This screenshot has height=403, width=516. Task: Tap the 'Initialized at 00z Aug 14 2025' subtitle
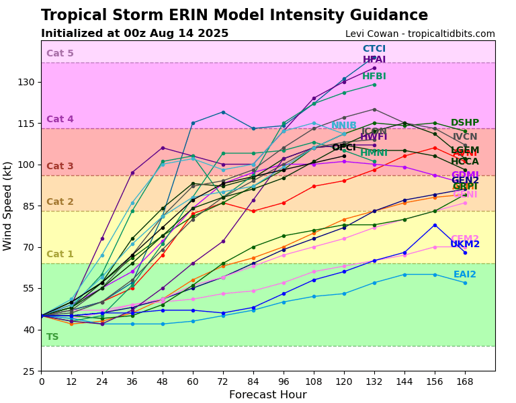coord(134,34)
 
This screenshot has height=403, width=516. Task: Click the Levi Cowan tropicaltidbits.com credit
coord(420,34)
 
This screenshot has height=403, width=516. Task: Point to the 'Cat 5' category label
coord(60,54)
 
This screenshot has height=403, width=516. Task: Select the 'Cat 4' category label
coord(60,120)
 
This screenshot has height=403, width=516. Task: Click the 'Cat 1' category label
coord(60,255)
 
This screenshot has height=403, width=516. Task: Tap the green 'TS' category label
coord(52,337)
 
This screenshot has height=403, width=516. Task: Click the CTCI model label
coord(374,49)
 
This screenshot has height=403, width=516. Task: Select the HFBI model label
coord(374,77)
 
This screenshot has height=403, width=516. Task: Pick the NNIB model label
coord(343,126)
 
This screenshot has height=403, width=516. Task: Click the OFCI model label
coord(343,147)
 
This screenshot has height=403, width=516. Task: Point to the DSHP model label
coord(465,123)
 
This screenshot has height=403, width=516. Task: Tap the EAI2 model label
coord(465,275)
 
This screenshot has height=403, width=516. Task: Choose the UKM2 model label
coord(465,244)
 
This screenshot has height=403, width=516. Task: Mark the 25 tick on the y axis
coord(28,371)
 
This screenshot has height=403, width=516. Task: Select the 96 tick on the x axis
coord(284,382)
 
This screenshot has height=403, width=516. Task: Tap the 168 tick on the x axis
coord(465,382)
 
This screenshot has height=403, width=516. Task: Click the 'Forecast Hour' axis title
coord(267,395)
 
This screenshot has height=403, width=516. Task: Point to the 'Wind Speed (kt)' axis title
coord(8,206)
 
